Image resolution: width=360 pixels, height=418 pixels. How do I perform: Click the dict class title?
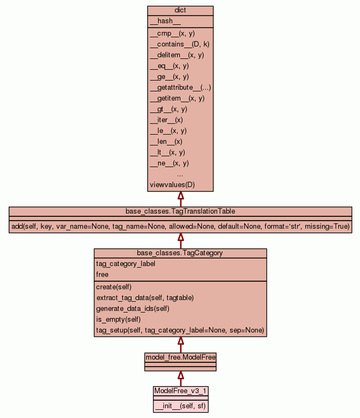(x=180, y=11)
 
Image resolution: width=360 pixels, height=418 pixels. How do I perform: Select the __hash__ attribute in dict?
(x=161, y=21)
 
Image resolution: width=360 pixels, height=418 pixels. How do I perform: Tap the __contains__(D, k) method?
(x=179, y=44)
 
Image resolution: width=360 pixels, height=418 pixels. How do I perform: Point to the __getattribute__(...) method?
(x=180, y=88)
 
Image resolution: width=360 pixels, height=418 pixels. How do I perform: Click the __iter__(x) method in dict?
(x=166, y=120)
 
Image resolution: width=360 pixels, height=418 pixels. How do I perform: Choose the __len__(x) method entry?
(x=166, y=142)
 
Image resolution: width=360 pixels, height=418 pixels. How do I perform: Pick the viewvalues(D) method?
(x=172, y=185)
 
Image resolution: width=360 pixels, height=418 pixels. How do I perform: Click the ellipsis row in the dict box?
(x=180, y=174)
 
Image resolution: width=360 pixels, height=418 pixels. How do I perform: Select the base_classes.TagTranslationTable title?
(x=180, y=211)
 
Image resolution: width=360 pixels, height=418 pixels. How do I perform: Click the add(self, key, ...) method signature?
(x=180, y=226)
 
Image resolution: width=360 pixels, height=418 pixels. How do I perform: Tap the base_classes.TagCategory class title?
(x=180, y=253)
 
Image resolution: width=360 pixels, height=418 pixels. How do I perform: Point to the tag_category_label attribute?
(x=126, y=264)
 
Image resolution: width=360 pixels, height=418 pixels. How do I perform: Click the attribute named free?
(x=102, y=275)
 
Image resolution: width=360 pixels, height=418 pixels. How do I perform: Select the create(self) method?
(x=114, y=287)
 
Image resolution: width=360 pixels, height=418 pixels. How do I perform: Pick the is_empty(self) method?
(x=118, y=319)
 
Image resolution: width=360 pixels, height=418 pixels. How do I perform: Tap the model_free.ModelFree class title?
(x=180, y=357)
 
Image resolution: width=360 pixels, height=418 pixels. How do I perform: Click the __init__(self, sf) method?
(x=180, y=406)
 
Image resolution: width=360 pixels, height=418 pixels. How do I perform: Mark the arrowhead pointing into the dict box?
(x=181, y=196)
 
